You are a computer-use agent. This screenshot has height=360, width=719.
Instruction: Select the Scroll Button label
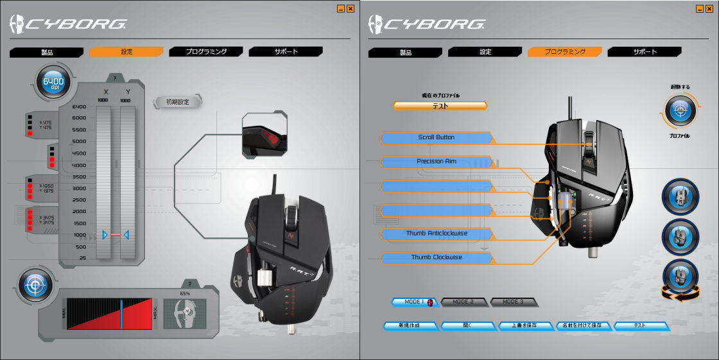click(436, 138)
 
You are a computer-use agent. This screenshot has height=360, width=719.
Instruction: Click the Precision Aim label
click(436, 162)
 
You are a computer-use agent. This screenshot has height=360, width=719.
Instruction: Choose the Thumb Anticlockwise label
click(436, 234)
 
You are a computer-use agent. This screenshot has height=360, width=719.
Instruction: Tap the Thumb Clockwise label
click(436, 257)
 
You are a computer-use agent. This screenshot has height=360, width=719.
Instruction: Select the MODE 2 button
click(463, 302)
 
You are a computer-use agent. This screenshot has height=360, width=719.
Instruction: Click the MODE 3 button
click(513, 302)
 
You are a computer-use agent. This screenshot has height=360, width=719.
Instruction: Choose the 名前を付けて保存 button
click(583, 326)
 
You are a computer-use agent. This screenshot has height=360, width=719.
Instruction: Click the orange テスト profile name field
click(440, 106)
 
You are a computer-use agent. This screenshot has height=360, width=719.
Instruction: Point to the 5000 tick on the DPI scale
click(79, 141)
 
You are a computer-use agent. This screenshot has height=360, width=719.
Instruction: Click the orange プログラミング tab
click(564, 52)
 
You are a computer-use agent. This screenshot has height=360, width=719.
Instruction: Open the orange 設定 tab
click(126, 52)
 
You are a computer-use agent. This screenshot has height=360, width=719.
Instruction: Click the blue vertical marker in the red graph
click(120, 313)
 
